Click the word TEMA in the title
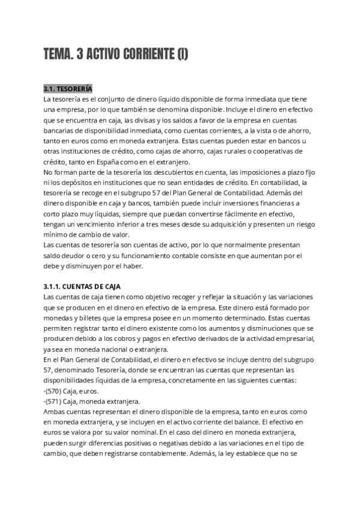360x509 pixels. coord(59,55)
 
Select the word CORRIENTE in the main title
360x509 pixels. coord(147,55)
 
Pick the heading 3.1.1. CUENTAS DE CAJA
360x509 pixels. coord(82,286)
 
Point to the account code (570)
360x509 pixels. coord(56,391)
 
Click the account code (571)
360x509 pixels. coord(56,401)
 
